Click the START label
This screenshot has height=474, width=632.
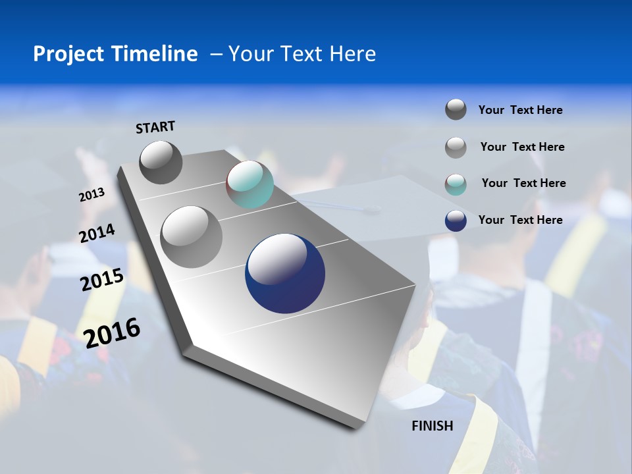tap(155, 127)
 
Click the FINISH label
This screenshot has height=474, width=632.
tap(432, 426)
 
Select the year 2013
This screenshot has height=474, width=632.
tap(92, 195)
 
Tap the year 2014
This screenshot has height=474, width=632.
tap(97, 234)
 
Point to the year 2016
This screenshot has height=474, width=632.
tap(112, 332)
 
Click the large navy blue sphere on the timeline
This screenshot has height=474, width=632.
tap(285, 274)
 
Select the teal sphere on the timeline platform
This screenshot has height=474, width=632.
tap(250, 184)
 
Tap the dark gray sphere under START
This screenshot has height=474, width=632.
tap(161, 163)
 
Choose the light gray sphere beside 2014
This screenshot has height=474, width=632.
tap(192, 236)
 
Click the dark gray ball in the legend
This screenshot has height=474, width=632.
tap(456, 109)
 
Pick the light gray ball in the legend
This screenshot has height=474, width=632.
tap(456, 147)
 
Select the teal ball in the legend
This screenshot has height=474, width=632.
tap(456, 184)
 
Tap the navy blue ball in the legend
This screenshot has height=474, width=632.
tap(456, 221)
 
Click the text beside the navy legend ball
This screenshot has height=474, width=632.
tap(520, 220)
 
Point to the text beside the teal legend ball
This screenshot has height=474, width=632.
tap(523, 183)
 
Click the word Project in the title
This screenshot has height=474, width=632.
tap(68, 54)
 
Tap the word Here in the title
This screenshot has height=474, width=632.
tap(352, 54)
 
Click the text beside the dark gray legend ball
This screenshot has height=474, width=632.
tap(520, 110)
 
